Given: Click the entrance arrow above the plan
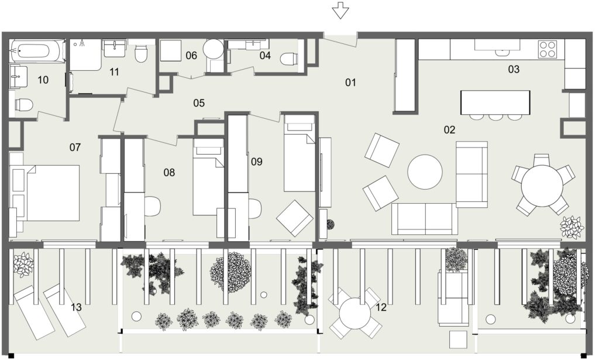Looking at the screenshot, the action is point(340,10).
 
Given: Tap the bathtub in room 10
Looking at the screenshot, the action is point(36,51).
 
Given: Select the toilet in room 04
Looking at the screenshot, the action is point(289,59).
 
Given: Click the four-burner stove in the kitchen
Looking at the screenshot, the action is point(547,49).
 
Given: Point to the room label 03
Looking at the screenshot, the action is point(514,69).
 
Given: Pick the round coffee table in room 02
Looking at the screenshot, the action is point(425,172).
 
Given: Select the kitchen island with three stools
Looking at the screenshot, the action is point(495,104).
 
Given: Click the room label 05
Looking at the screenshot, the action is point(199,103).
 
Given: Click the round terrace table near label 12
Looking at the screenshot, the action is point(355,313).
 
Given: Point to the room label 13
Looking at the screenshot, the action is point(76,307).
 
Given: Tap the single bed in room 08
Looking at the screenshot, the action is point(208,176).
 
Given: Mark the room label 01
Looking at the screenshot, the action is point(350,82).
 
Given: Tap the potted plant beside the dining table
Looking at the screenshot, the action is point(572,228).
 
